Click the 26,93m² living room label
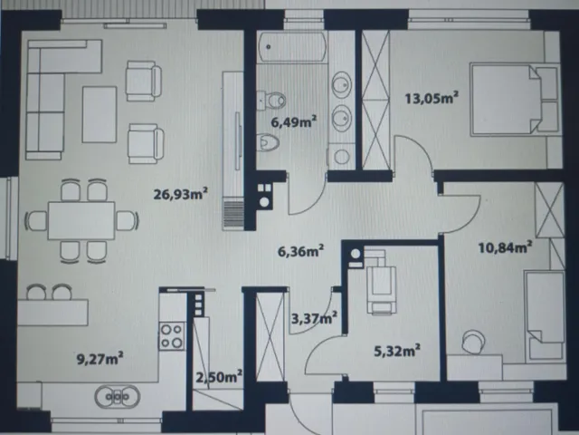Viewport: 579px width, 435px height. pyautogui.click(x=181, y=193)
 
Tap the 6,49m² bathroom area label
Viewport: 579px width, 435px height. pyautogui.click(x=294, y=121)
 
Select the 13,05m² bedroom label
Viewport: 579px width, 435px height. pyautogui.click(x=432, y=98)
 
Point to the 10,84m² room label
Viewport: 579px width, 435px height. pyautogui.click(x=505, y=246)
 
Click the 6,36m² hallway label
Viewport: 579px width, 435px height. pyautogui.click(x=301, y=251)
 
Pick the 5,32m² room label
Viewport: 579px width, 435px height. pyautogui.click(x=397, y=351)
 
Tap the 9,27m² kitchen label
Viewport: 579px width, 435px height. pyautogui.click(x=100, y=359)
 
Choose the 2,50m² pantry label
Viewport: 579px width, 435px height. pyautogui.click(x=219, y=377)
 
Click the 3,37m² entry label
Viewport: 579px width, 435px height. pyautogui.click(x=314, y=317)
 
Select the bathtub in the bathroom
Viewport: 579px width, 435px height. pyautogui.click(x=292, y=47)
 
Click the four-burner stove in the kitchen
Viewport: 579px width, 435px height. pyautogui.click(x=172, y=336)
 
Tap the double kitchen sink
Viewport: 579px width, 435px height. pyautogui.click(x=117, y=397)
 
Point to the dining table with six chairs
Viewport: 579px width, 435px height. pyautogui.click(x=81, y=220)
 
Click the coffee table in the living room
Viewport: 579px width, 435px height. pyautogui.click(x=100, y=114)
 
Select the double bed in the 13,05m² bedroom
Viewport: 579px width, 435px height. pyautogui.click(x=514, y=100)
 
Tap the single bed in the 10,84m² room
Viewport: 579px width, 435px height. pyautogui.click(x=545, y=316)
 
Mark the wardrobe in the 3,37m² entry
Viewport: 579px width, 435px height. pyautogui.click(x=270, y=336)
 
